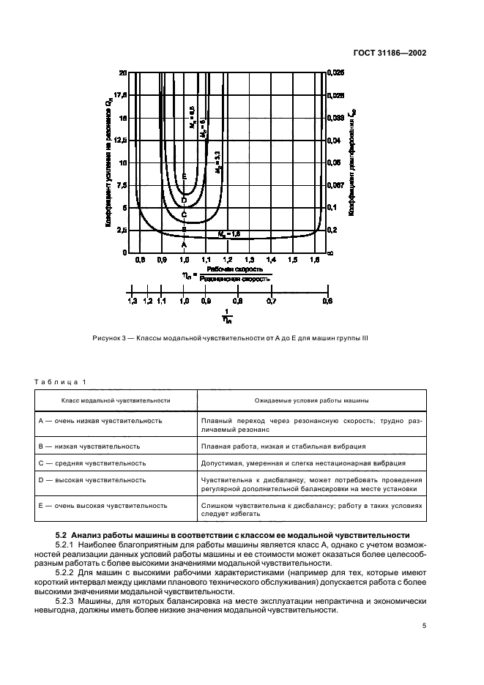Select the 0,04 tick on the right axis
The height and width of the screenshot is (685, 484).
pos(334,140)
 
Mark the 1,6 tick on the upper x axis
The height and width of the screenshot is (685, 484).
pos(316,260)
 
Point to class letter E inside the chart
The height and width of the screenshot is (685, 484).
pos(184,177)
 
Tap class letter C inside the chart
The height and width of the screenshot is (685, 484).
pos(184,214)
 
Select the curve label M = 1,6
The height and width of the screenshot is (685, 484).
pos(229,233)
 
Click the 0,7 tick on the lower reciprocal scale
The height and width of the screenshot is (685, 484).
pos(272,301)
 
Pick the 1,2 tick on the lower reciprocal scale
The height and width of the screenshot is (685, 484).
pos(147,301)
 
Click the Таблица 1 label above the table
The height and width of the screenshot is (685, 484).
pos(61,381)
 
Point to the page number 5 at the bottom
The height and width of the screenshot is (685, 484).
pos(424,625)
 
